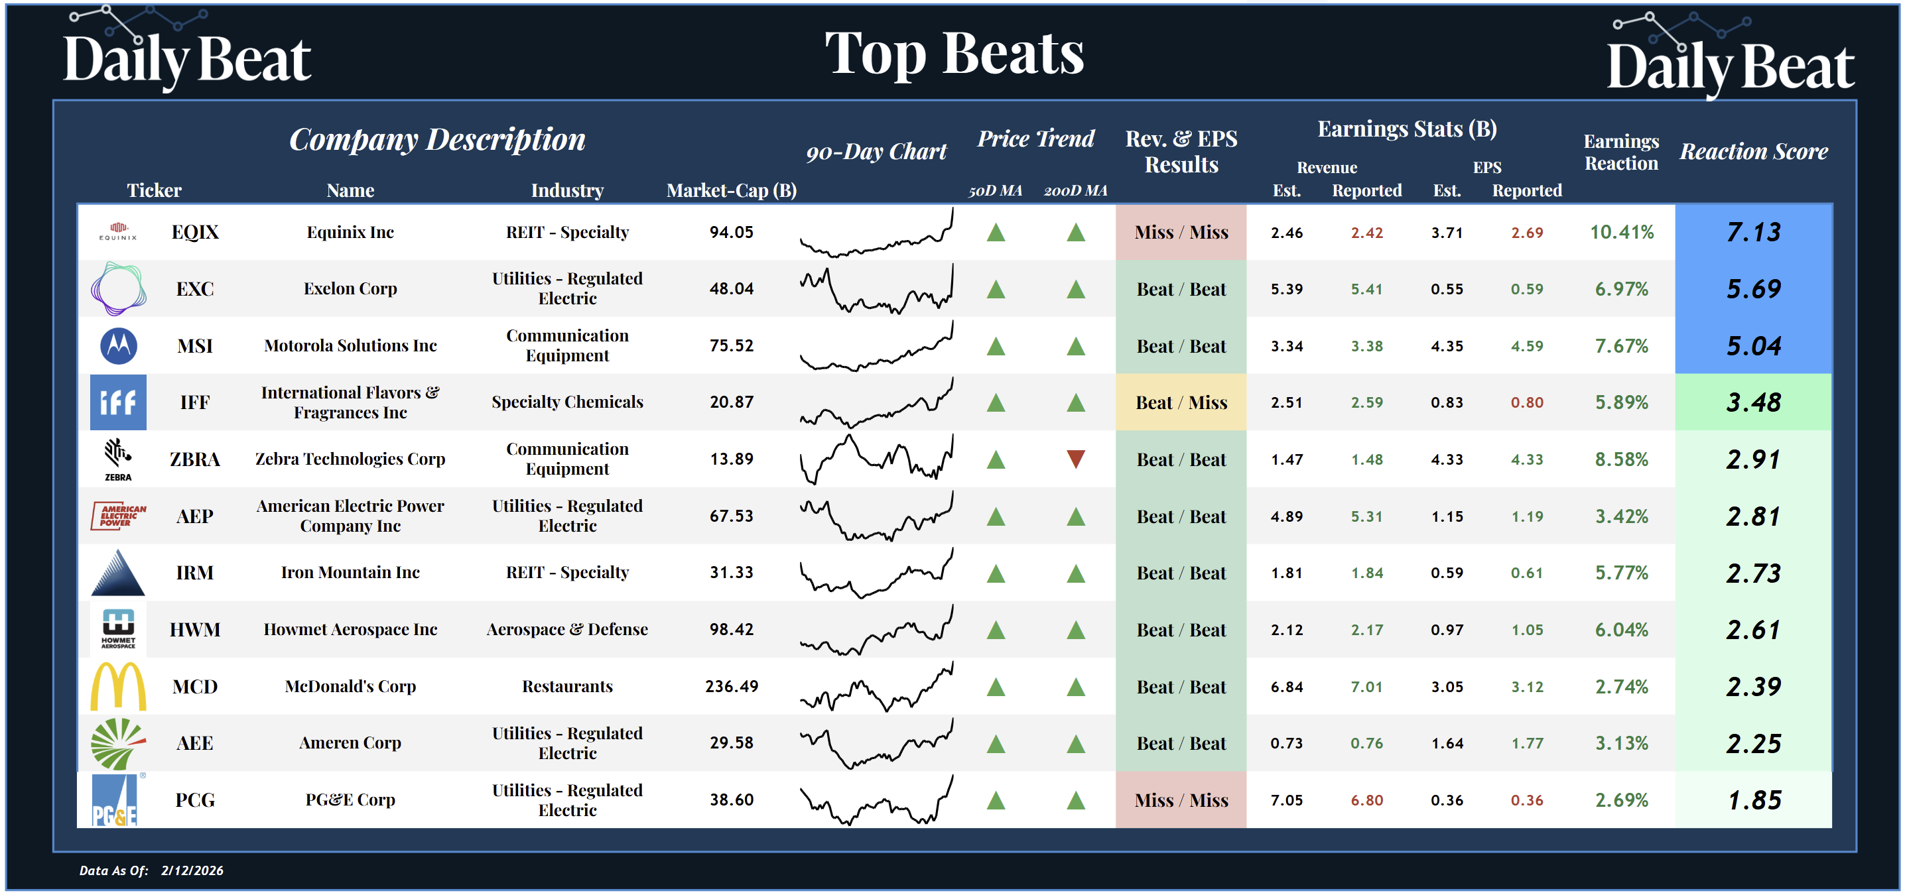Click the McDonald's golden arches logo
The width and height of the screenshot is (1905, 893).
[x=118, y=686]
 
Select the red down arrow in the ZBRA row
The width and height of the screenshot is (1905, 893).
[x=1075, y=459]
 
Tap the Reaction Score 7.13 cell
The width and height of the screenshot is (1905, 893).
[x=1752, y=232]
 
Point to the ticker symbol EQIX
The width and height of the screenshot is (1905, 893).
[x=194, y=232]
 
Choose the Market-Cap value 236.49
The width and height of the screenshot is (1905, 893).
[x=731, y=686]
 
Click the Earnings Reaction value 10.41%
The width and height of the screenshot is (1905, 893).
[x=1621, y=232]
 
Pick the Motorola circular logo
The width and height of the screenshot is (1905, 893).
[x=118, y=345]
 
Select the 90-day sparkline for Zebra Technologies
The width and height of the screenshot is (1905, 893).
[x=876, y=459]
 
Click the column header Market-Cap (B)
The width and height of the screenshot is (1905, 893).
[x=731, y=190]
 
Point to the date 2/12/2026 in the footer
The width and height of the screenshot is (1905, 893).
[x=192, y=870]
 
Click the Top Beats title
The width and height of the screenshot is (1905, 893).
[x=954, y=53]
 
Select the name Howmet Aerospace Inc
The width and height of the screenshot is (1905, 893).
[x=350, y=629]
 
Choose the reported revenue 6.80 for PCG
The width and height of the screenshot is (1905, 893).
[x=1366, y=800]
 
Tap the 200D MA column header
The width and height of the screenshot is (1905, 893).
[x=1075, y=191]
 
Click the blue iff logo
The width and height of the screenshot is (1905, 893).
[x=118, y=402]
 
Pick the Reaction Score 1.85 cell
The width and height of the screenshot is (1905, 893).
[x=1752, y=800]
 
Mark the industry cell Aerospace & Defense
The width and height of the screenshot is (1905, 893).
[x=566, y=629]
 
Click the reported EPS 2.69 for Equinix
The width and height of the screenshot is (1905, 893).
[x=1526, y=232]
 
